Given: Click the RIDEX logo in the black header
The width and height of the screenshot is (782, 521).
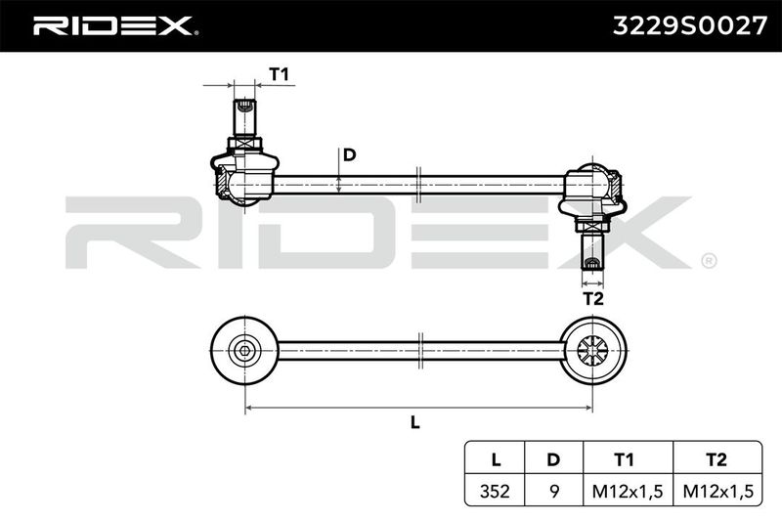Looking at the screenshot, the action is click(x=113, y=26).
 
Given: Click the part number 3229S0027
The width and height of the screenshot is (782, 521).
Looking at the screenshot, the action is click(x=690, y=26).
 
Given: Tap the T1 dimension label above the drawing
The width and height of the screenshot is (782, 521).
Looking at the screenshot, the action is click(x=279, y=74).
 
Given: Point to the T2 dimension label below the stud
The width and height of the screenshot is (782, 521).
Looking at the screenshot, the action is click(x=593, y=299).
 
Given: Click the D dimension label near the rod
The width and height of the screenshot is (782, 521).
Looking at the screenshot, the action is click(x=350, y=155).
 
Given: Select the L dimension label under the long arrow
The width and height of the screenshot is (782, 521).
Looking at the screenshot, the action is click(x=414, y=423).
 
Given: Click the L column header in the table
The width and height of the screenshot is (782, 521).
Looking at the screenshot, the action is click(x=496, y=459).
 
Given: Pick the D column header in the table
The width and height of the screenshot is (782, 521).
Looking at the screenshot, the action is click(x=553, y=459).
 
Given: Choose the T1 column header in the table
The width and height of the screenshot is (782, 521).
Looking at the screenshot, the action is click(x=624, y=459).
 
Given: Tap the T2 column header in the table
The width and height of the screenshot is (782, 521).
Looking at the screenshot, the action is click(x=717, y=459).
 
